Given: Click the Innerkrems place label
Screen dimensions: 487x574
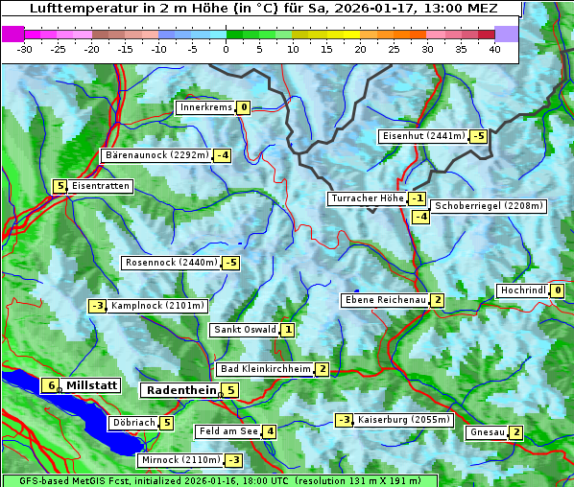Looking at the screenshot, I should coord(205,107).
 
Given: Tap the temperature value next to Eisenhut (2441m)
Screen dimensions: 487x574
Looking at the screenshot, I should coord(478,136).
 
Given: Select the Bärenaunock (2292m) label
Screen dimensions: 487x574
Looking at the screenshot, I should coord(155,155).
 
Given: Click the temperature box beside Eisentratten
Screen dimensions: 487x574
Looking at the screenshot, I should coord(60,186).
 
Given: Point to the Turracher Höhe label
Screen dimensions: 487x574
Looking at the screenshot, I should coord(367,198).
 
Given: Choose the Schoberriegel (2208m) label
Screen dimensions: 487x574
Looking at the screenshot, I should coord(490,206).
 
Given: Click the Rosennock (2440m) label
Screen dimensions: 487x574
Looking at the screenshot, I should coord(171,263).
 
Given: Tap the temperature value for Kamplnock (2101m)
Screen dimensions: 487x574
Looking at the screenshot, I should coord(97,306).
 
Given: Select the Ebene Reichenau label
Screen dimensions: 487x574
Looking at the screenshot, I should coord(385,300).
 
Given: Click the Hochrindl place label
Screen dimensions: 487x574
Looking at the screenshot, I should coord(523,290).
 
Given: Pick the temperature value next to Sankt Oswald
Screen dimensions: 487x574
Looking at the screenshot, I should coord(288,330).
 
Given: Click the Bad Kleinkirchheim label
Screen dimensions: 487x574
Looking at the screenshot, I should coord(266,369).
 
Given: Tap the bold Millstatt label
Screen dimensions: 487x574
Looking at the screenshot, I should coord(91,385).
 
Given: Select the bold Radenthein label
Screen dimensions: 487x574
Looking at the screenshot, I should coord(181,390).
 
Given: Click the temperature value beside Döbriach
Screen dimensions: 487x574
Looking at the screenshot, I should coord(167,423).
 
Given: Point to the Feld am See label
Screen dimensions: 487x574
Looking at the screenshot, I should coord(228,431).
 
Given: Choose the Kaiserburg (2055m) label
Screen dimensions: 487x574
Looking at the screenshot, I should coord(404,420).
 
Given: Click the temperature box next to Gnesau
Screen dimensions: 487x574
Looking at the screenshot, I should coord(516,432).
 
